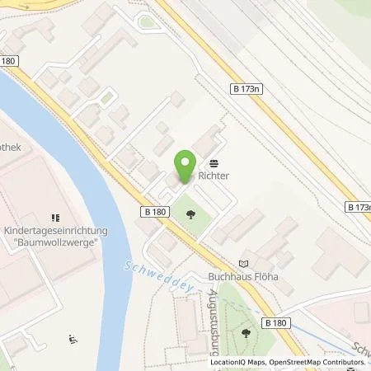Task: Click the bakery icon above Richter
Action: (x=214, y=162)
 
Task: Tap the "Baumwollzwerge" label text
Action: (x=55, y=244)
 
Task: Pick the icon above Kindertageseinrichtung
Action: (x=55, y=218)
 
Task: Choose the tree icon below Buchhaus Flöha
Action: (x=247, y=333)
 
